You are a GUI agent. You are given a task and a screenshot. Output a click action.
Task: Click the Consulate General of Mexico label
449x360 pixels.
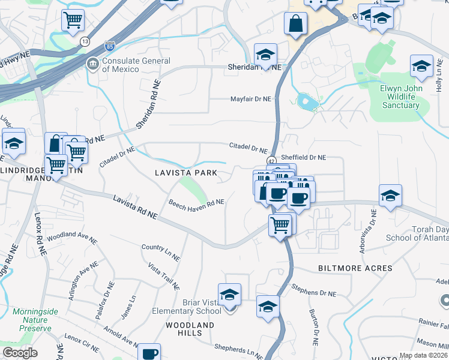click(x=136, y=65)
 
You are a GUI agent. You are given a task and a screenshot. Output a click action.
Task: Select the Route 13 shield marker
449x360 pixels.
click(x=85, y=40)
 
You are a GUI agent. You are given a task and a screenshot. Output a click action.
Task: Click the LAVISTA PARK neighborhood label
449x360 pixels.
click(x=185, y=172)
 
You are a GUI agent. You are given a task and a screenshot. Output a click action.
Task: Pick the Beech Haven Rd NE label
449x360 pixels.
click(x=196, y=204)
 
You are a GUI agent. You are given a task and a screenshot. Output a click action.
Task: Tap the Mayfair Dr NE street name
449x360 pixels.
click(x=251, y=99)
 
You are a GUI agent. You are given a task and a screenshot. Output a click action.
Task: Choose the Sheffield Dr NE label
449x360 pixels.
click(x=303, y=157)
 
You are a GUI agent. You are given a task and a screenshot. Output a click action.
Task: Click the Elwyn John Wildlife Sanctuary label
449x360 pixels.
click(x=400, y=97)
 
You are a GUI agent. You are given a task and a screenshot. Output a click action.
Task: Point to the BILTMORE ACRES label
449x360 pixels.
click(x=356, y=268)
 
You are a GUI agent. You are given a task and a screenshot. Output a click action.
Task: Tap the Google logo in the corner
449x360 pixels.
click(x=20, y=352)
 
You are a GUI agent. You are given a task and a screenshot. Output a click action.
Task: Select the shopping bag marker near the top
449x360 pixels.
click(x=297, y=24)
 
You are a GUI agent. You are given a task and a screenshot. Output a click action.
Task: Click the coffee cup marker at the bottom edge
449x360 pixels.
click(x=149, y=353)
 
